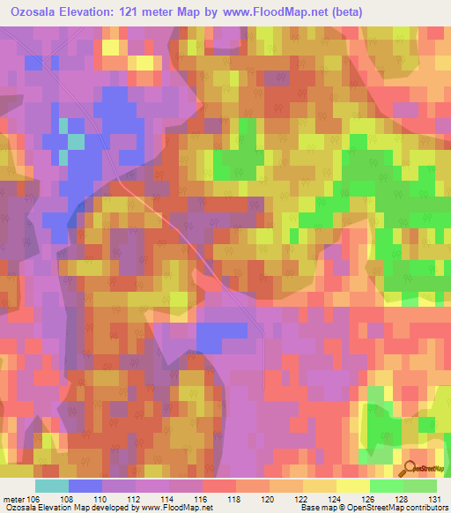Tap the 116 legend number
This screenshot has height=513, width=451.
pyautogui.click(x=202, y=499)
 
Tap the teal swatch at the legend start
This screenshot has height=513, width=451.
pyautogui.click(x=51, y=486)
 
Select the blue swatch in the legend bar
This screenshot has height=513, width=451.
pyautogui.click(x=85, y=486)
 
